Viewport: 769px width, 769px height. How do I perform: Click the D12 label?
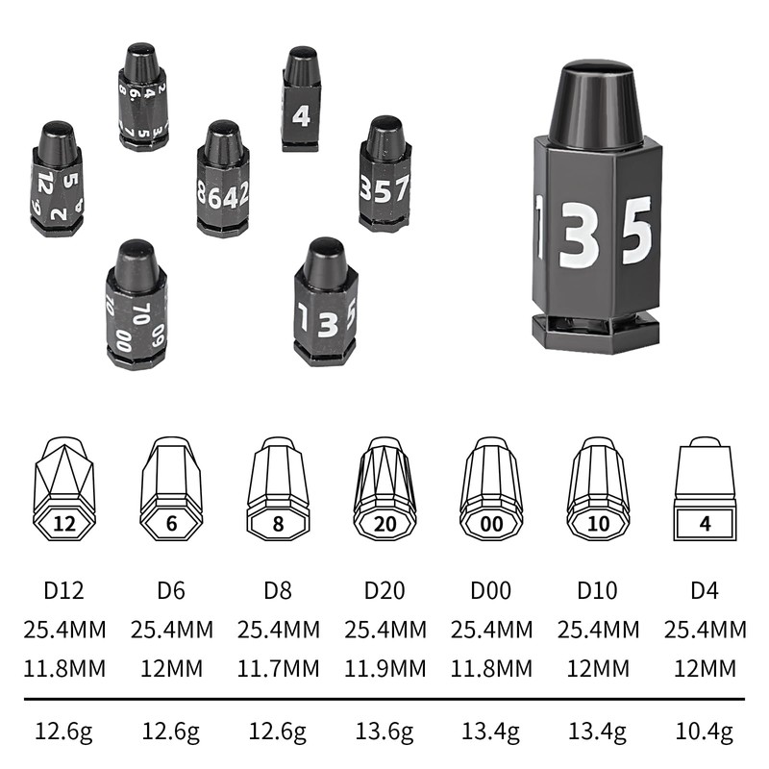(x=63, y=590)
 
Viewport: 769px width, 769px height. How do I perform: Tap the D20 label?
(x=384, y=590)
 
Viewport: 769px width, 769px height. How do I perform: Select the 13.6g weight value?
(x=384, y=732)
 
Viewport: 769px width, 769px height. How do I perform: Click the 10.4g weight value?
(x=705, y=732)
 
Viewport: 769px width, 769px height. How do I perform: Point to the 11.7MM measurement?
(x=278, y=668)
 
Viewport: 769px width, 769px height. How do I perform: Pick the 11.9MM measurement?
(x=385, y=668)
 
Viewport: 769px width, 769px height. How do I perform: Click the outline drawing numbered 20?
(x=385, y=489)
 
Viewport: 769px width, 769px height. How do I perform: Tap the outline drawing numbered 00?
(x=491, y=489)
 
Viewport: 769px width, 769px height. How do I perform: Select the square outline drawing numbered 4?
(x=705, y=489)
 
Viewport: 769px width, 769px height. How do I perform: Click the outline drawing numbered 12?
(x=64, y=489)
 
